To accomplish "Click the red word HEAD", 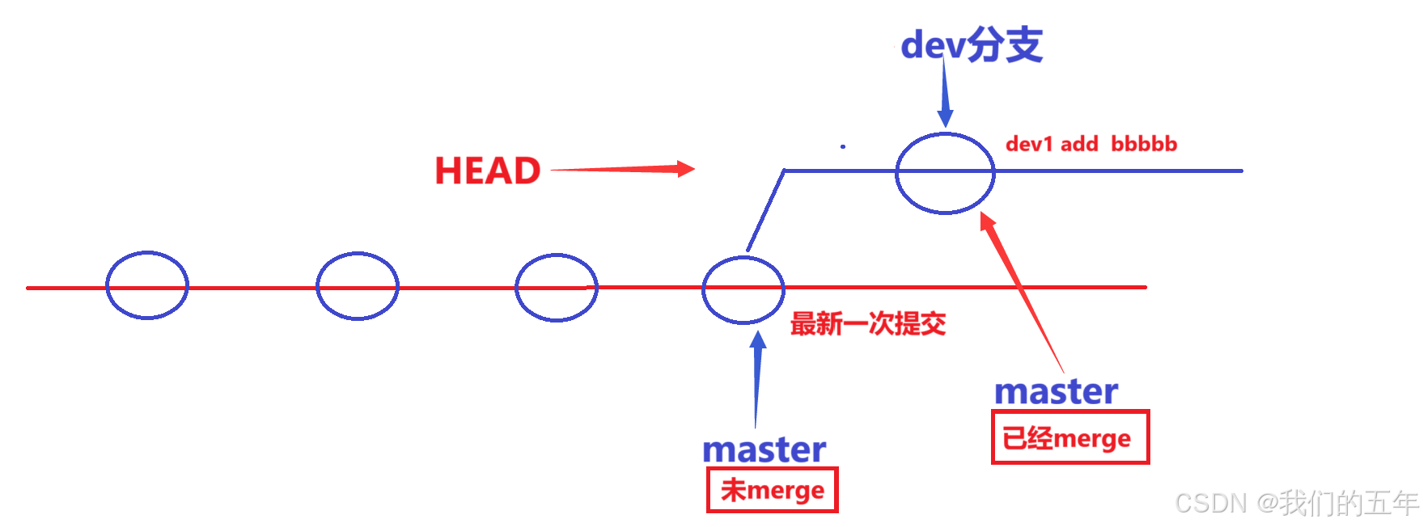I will tap(487, 171).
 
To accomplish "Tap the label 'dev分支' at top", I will tap(971, 44).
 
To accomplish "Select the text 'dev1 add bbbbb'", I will tap(1091, 144).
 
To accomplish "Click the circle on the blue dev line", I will tap(945, 173).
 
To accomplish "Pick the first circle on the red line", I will tap(147, 285).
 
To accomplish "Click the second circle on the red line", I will tap(357, 286).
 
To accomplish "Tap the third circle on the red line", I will tap(557, 288).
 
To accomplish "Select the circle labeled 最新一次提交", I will tap(743, 289).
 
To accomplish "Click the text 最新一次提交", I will tap(867, 324).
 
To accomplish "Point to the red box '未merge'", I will tap(773, 490).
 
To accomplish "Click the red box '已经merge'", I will tap(1069, 437).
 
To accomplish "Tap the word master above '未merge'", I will tap(764, 449).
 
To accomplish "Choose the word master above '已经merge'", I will tap(1056, 391).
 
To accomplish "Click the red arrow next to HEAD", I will tap(623, 169).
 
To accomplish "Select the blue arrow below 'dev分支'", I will tap(944, 93).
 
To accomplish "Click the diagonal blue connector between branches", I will tap(765, 210).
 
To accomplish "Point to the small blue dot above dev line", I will tap(843, 146).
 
